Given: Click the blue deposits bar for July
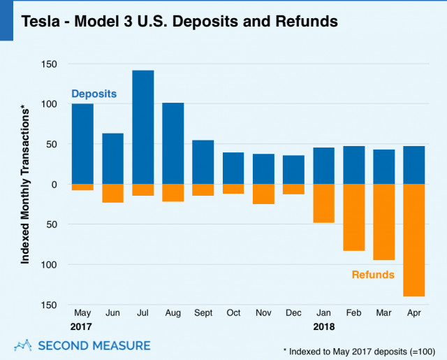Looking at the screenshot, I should point(142,127).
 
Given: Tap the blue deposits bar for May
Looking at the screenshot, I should point(82,144).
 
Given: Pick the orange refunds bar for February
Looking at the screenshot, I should point(354,217).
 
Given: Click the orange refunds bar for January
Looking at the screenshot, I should point(324,203).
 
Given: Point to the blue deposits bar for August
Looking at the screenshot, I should point(173,143).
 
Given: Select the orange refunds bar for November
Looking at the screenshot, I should point(263,194).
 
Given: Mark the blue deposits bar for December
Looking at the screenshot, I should point(294,170).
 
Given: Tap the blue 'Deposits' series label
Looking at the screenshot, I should point(94,94).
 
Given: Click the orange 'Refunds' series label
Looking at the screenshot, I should point(373,275).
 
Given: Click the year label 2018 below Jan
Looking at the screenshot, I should point(324,326).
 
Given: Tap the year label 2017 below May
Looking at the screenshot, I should point(82,326).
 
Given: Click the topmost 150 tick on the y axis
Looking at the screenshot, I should point(48,64).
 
